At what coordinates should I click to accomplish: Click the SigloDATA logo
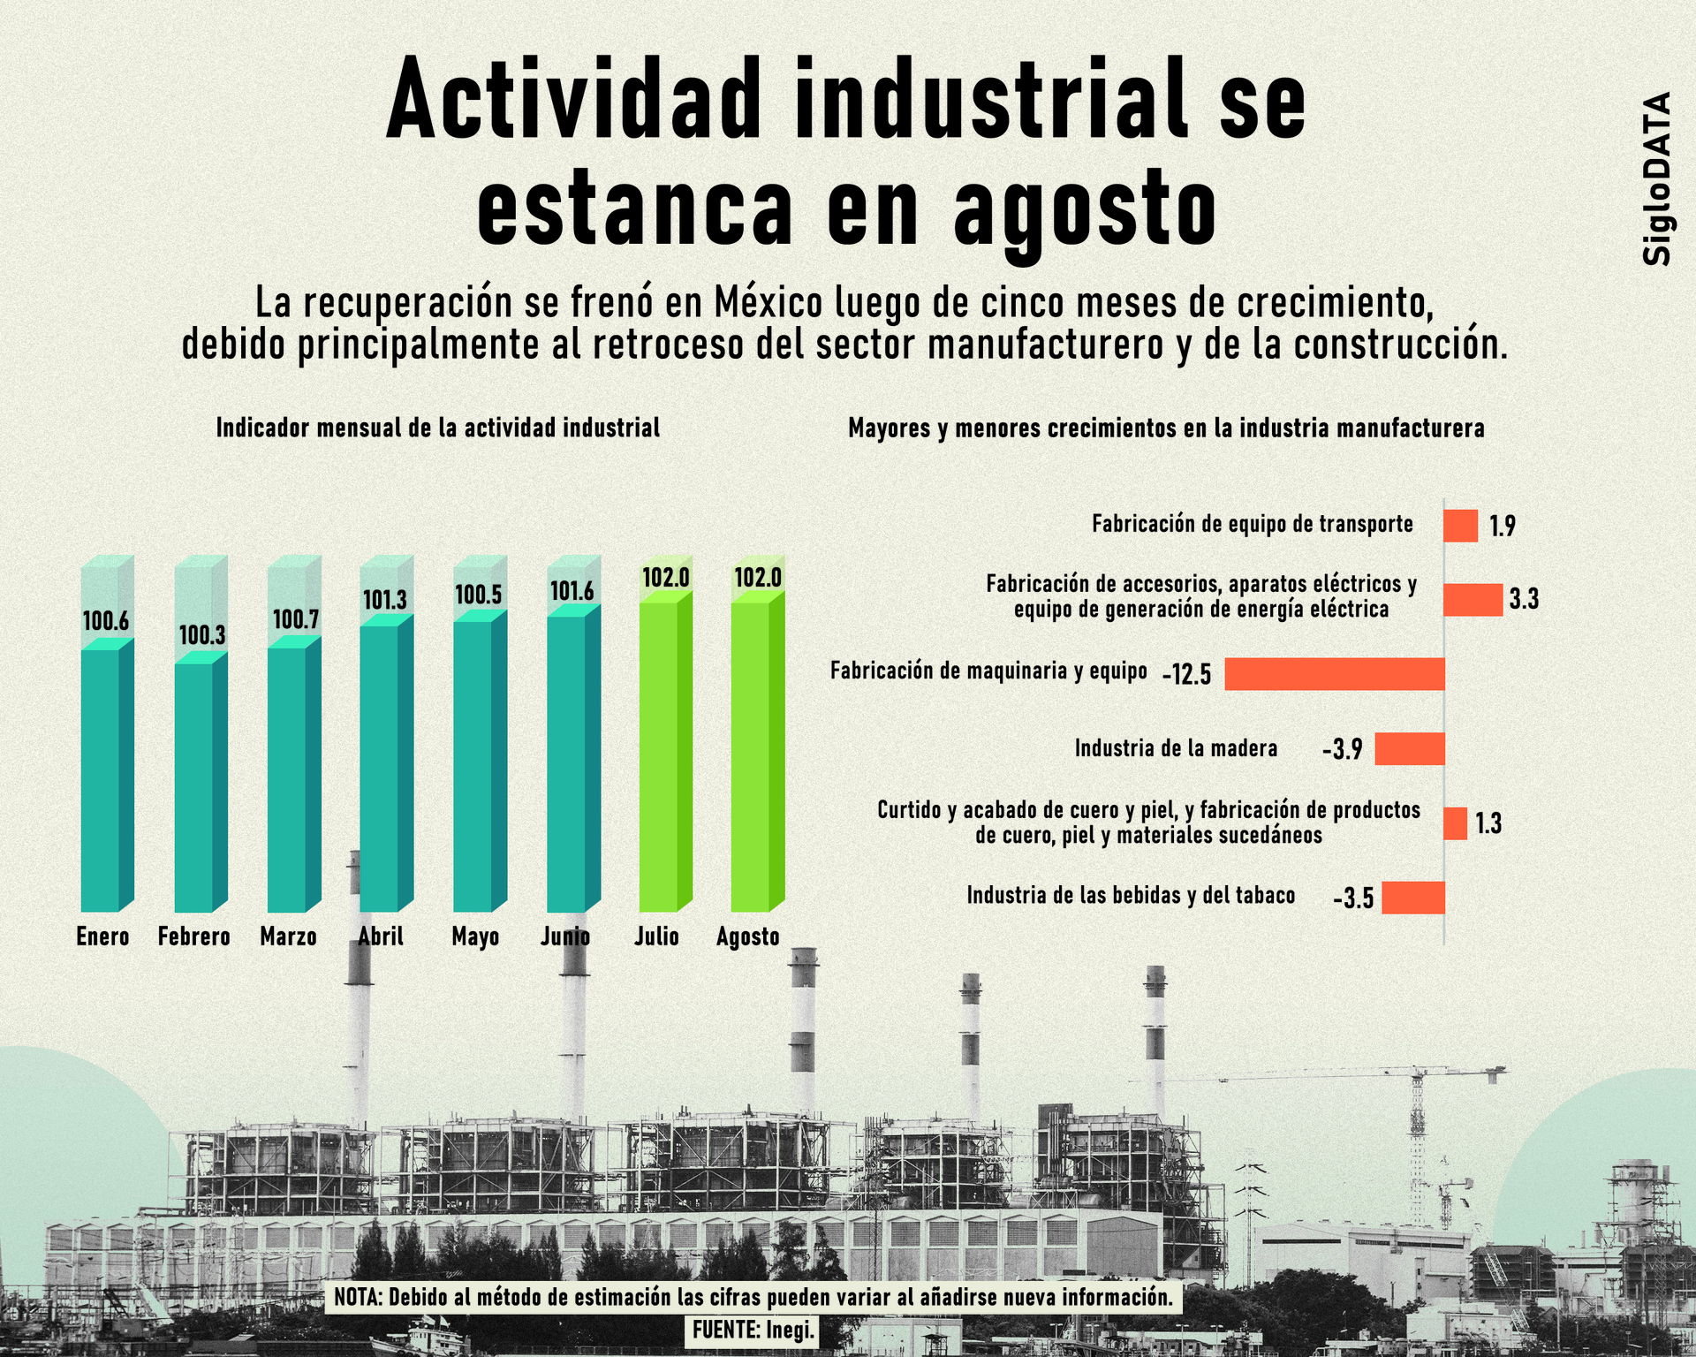(x=1656, y=178)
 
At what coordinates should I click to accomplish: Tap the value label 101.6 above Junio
(x=572, y=591)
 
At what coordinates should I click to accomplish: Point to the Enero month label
(x=102, y=936)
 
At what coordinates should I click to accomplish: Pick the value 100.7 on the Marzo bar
(x=295, y=619)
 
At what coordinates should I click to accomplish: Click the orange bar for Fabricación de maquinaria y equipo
(x=1334, y=674)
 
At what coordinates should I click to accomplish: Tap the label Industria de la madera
(x=1176, y=749)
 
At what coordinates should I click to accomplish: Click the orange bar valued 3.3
(x=1473, y=600)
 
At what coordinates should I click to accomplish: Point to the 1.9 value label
(x=1503, y=527)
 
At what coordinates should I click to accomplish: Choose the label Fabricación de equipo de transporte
(x=1253, y=525)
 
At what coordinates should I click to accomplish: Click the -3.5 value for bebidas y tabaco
(x=1353, y=899)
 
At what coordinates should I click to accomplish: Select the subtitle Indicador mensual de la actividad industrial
(x=438, y=428)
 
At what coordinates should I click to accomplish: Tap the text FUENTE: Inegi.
(x=753, y=1330)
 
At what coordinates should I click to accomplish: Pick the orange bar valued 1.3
(x=1455, y=823)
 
